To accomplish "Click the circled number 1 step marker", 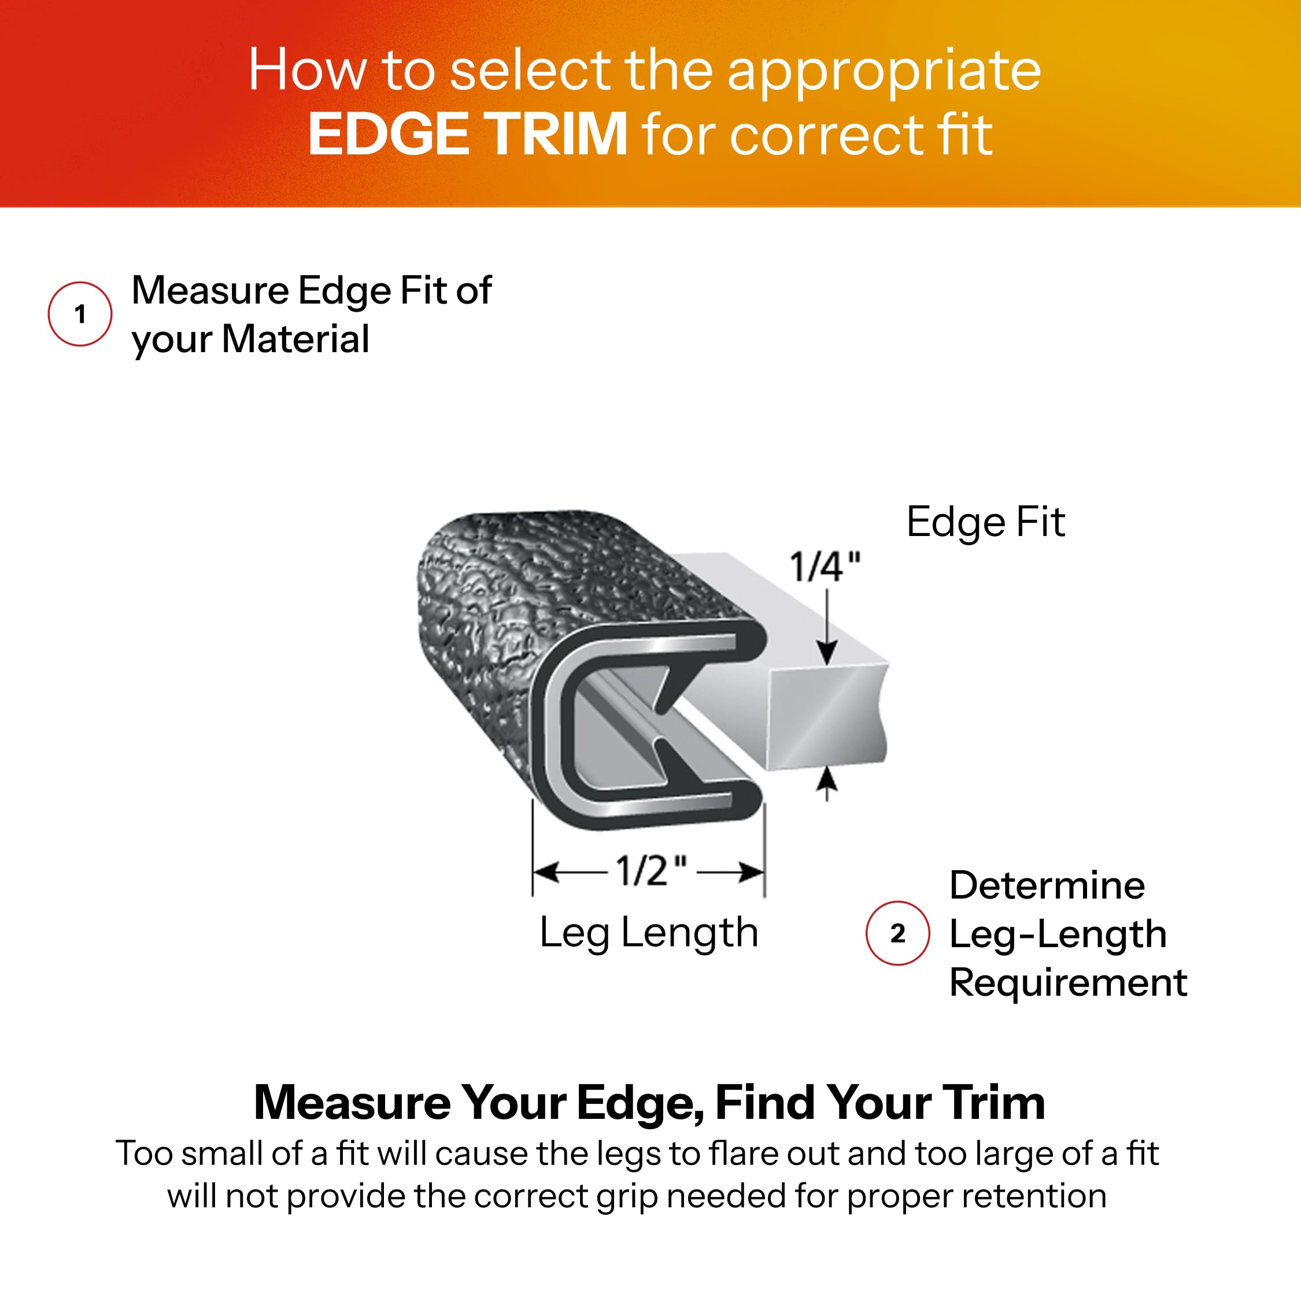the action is [80, 314].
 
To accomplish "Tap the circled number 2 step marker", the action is [897, 933].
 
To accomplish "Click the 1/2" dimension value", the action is [651, 871].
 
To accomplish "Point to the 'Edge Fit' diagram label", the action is [986, 523].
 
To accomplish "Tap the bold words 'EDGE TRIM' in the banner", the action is [468, 134].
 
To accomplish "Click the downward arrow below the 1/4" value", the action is [827, 626].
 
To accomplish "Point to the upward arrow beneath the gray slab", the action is [827, 784].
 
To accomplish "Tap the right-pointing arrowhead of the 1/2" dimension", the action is [752, 872].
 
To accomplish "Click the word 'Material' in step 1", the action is [295, 339].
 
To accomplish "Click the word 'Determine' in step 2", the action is [1047, 885].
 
